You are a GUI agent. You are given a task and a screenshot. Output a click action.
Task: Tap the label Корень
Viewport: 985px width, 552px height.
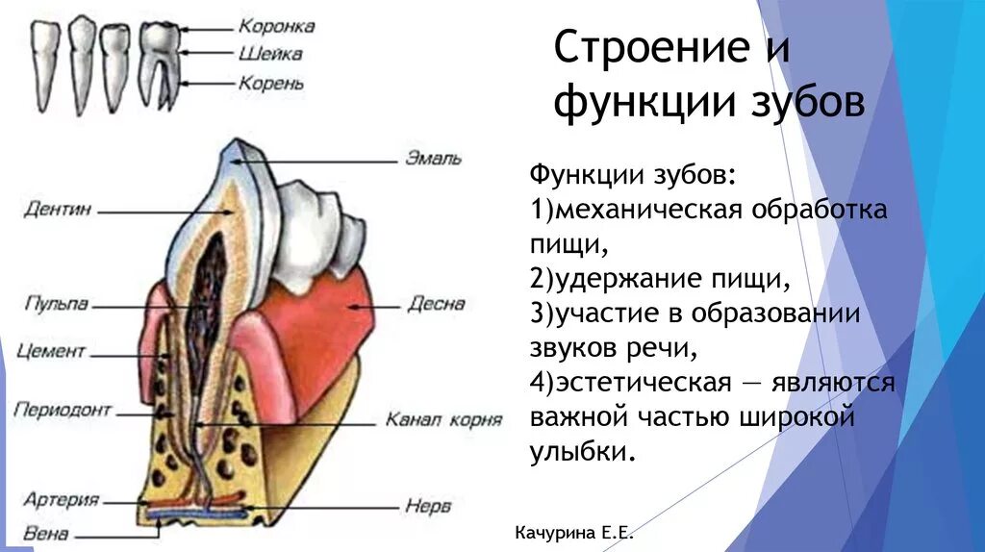click(272, 84)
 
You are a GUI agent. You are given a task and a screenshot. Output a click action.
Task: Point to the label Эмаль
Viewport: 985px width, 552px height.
click(435, 158)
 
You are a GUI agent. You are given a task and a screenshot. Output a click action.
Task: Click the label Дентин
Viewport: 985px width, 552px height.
click(59, 208)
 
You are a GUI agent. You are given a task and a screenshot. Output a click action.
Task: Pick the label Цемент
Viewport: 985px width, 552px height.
click(52, 351)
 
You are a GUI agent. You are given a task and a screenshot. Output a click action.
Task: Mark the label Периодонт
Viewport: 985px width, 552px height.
click(63, 410)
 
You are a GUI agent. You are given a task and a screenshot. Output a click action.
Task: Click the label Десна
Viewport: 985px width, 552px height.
click(436, 304)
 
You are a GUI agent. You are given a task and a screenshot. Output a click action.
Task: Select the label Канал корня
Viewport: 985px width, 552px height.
click(443, 419)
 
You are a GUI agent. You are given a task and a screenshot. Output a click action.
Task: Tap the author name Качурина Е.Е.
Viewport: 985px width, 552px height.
click(575, 533)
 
